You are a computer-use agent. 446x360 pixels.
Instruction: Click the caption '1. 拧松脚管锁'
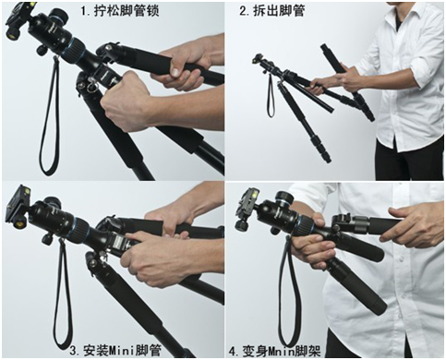tap(120, 11)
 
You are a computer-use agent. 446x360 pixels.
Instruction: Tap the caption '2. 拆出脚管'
tap(272, 11)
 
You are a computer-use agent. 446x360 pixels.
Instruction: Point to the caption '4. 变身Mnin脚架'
tap(275, 351)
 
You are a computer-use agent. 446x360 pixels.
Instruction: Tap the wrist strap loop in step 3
tap(56, 307)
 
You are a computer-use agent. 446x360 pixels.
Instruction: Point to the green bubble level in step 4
tap(254, 194)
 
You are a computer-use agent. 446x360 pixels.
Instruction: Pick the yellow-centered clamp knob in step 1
tap(13, 34)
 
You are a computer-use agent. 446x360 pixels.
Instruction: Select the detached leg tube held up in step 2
tap(346, 81)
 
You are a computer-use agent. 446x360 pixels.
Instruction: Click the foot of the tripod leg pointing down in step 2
tap(327, 159)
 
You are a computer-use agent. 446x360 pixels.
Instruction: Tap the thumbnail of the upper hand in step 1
tap(175, 71)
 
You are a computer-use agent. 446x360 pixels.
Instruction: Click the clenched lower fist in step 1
tap(127, 102)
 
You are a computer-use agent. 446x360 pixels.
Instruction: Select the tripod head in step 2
tap(261, 63)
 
